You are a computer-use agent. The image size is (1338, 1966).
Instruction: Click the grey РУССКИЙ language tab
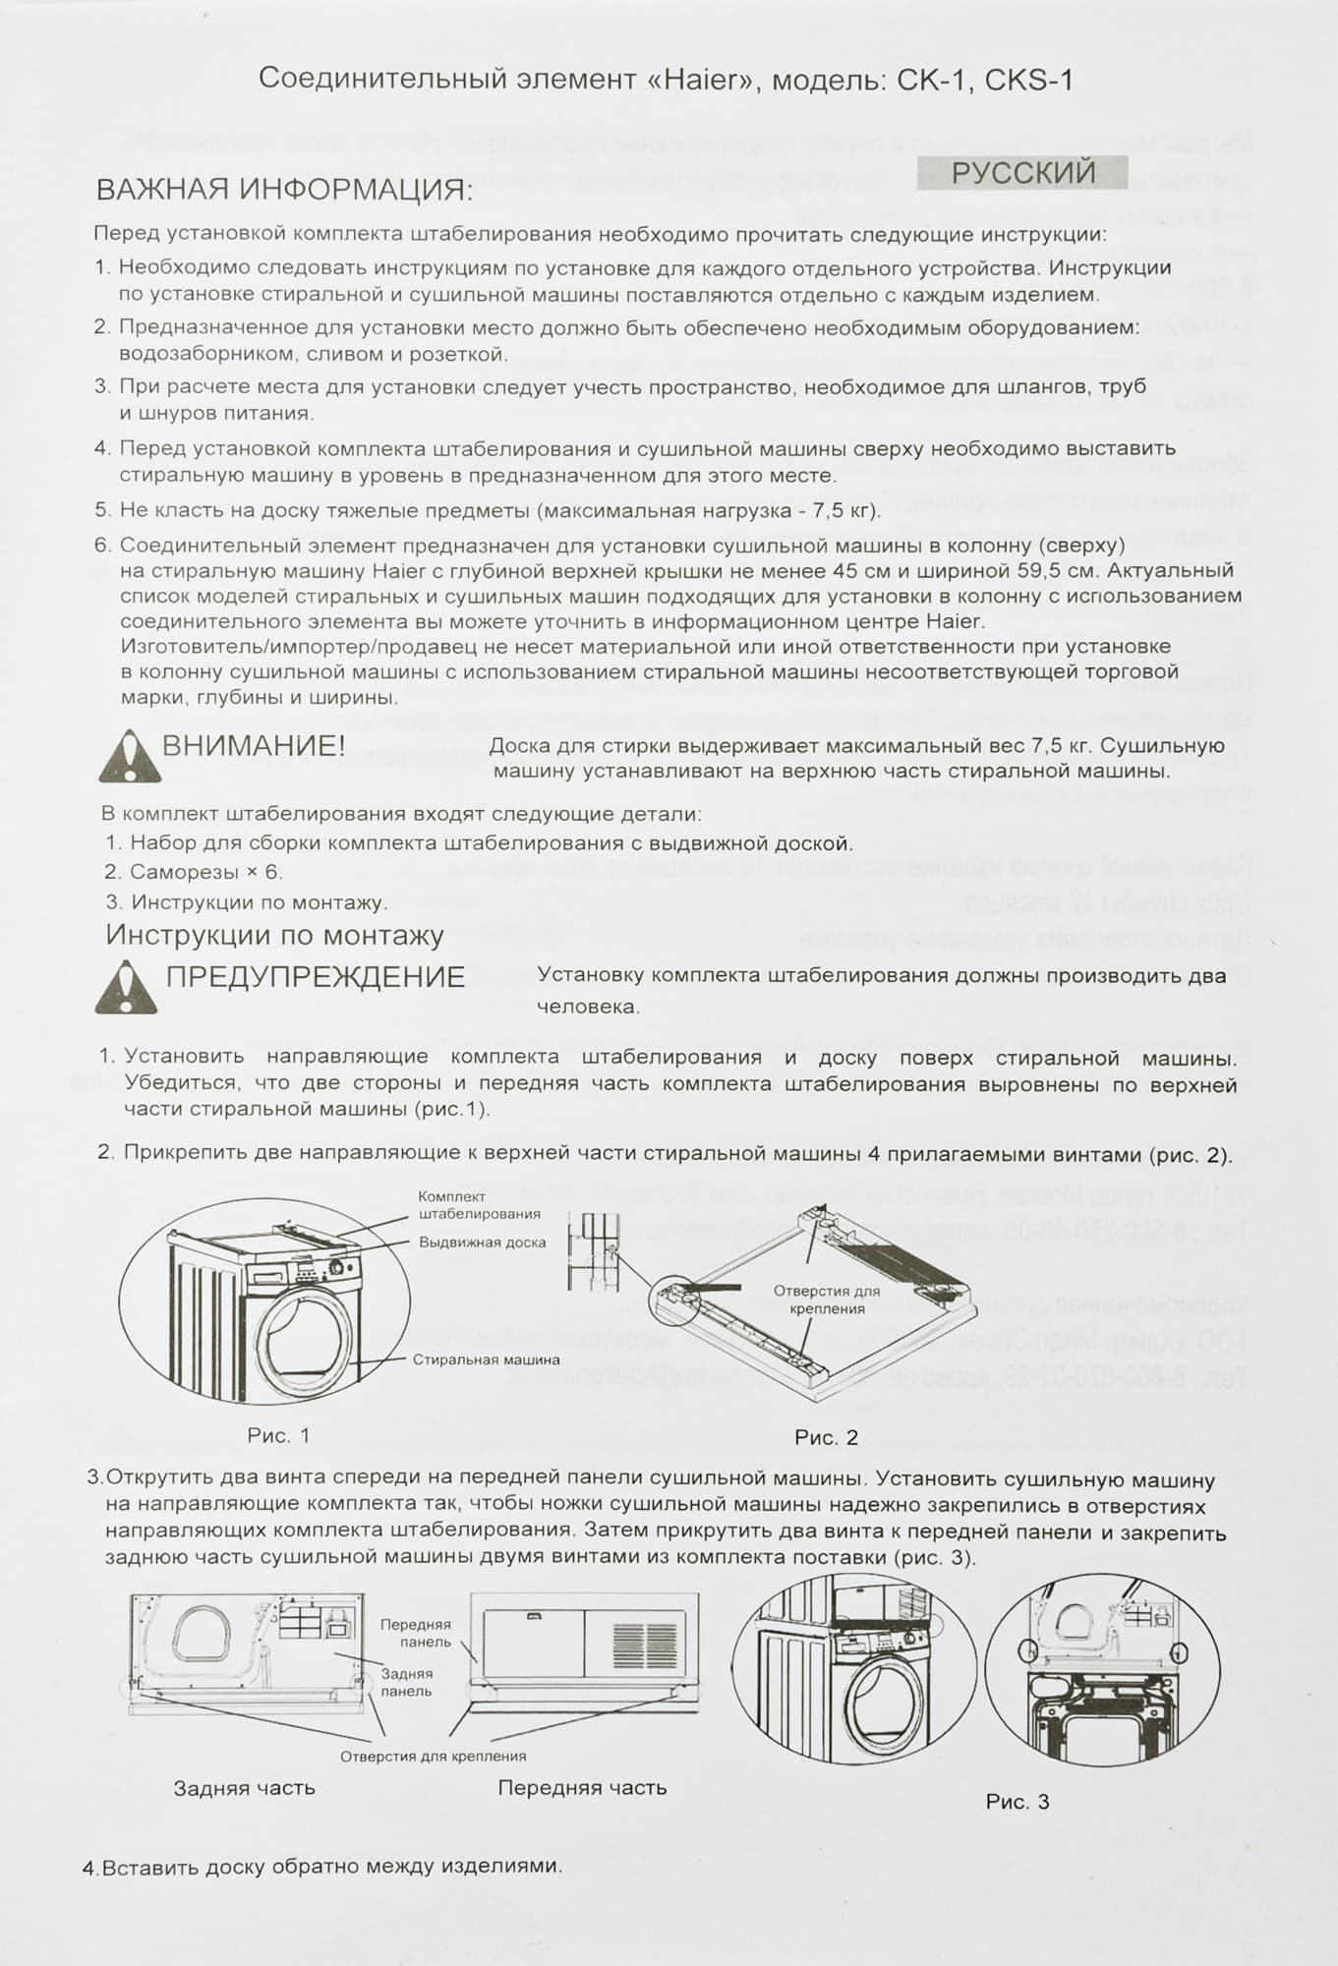[x=1021, y=173]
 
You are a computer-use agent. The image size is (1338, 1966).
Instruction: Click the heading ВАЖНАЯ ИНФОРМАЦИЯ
[x=284, y=189]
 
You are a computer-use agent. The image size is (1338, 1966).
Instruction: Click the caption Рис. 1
[x=278, y=1435]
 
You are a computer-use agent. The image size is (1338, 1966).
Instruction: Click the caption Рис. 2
[x=826, y=1437]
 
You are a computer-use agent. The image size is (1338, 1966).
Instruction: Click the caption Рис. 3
[x=1018, y=1802]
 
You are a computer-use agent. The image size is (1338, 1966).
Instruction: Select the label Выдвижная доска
[x=482, y=1243]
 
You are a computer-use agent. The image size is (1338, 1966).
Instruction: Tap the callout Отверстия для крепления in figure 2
[x=826, y=1300]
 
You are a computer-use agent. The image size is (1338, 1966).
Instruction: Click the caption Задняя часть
[x=244, y=1788]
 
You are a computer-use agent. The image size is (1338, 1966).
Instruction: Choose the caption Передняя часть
[x=582, y=1788]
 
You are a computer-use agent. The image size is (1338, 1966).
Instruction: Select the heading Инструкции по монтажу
[x=274, y=935]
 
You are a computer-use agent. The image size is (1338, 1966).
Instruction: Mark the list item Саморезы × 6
[x=193, y=872]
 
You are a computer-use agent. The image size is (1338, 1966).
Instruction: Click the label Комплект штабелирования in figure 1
[x=479, y=1205]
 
